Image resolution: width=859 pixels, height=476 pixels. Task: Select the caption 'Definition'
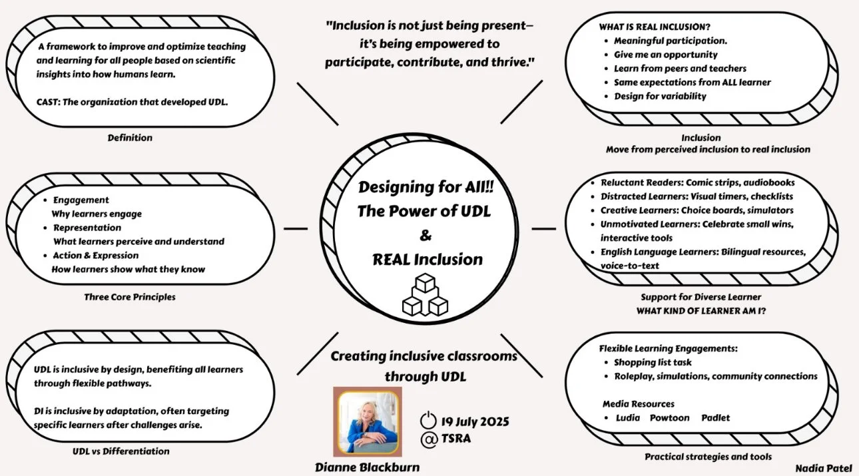[x=130, y=138]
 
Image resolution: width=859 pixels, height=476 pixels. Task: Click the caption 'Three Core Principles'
[x=130, y=297]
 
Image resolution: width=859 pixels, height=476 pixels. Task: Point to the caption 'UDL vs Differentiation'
[x=121, y=451]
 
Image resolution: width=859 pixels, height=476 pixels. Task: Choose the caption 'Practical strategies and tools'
[x=709, y=457]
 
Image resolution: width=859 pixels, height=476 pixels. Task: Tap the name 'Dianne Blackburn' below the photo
[x=367, y=467]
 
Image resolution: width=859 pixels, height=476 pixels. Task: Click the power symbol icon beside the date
[x=428, y=421]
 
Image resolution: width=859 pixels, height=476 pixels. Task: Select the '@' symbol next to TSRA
[x=428, y=439]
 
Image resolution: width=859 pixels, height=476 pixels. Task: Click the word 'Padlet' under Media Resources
[x=715, y=418]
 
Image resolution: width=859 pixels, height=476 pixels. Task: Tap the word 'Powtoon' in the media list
[x=669, y=418]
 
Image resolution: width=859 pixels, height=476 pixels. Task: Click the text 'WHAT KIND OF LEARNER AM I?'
[x=701, y=310]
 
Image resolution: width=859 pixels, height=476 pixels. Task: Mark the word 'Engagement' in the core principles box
[x=81, y=200]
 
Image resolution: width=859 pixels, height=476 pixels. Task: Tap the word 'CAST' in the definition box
[x=49, y=103]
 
